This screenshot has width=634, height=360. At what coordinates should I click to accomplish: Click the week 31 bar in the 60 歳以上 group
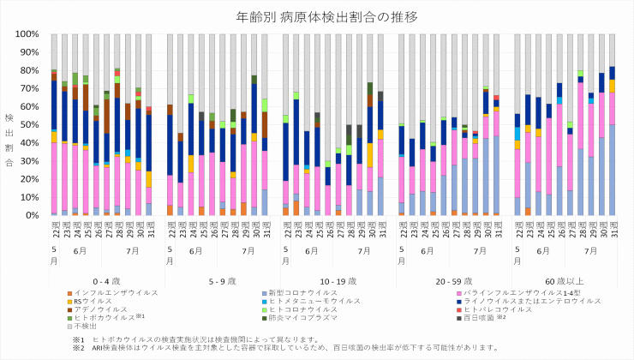pos(612,141)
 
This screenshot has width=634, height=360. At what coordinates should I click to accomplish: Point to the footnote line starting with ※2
pos(284,347)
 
